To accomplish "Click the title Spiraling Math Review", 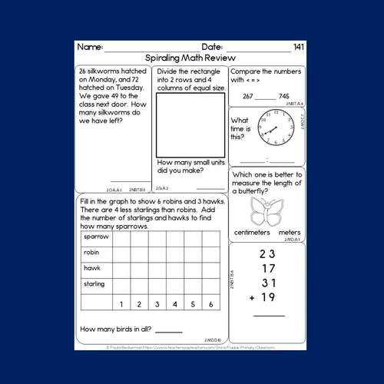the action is [x=191, y=58].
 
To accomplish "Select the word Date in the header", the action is [x=213, y=48].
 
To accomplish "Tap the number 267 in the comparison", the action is [x=247, y=96].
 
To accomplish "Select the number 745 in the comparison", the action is [x=284, y=96].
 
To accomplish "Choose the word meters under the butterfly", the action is [x=290, y=232].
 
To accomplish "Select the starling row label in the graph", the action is [x=94, y=284].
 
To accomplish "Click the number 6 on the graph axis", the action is [x=210, y=304].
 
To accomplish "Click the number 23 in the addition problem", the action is [x=266, y=254].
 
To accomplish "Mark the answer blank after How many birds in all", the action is [x=168, y=332].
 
